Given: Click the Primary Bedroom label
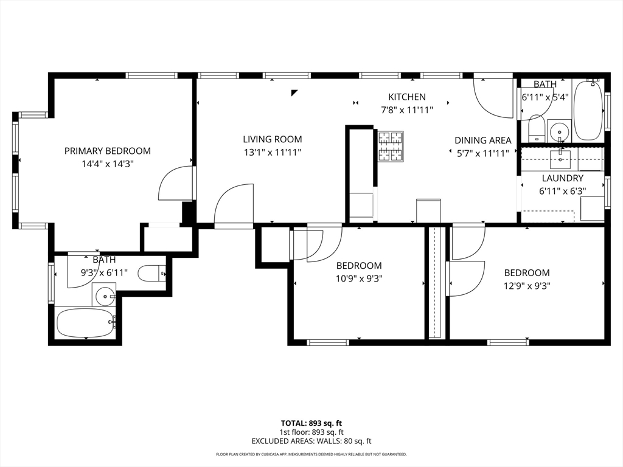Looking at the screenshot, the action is (107, 151).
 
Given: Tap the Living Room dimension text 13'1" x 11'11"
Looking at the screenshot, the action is (273, 152).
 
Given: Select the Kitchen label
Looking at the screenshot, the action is (407, 97).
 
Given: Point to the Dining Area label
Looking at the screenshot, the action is (482, 140).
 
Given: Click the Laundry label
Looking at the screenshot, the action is (562, 178).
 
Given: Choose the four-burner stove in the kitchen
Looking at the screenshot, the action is (391, 147).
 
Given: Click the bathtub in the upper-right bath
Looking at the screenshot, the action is (588, 109).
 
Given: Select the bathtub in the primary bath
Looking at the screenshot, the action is (86, 322).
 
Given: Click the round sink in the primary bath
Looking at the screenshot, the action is (104, 295).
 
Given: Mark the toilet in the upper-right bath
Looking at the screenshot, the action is (537, 128).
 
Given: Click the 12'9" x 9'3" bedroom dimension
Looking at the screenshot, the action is (527, 286).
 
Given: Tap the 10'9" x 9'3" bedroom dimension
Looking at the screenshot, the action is (359, 278).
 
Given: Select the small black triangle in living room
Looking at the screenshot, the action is (294, 93).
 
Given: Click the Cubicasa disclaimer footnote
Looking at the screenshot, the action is (311, 454).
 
